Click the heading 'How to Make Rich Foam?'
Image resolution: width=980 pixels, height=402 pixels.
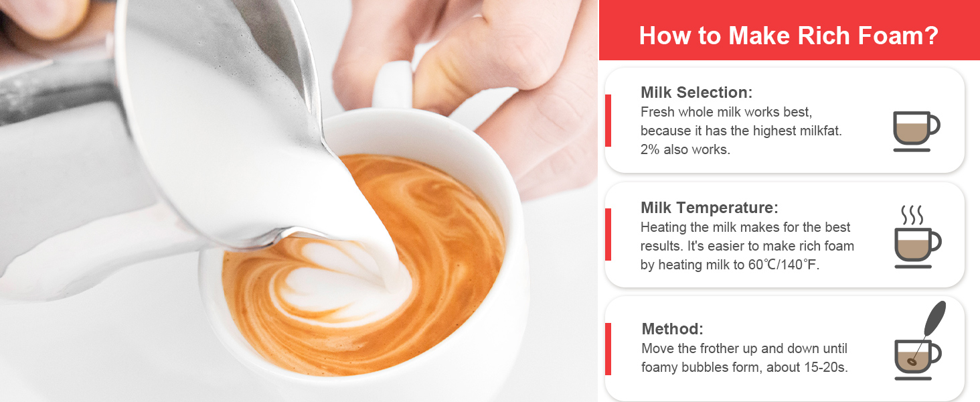(x=788, y=36)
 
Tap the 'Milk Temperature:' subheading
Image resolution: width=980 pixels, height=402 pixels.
(x=709, y=208)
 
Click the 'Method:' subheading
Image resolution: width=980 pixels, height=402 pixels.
(x=672, y=329)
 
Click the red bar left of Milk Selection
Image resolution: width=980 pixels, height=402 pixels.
(x=608, y=121)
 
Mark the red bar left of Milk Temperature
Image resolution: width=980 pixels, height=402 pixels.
(x=608, y=234)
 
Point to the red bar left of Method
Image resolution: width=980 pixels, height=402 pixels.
(x=608, y=349)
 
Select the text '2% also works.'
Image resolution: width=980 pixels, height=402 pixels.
(x=685, y=149)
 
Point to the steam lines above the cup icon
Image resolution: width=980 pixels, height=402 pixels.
(x=912, y=214)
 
